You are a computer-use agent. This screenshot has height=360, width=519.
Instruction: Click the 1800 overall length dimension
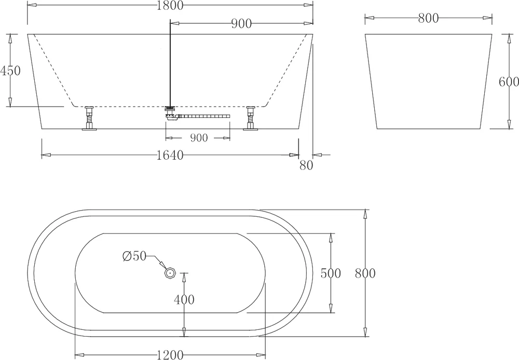170,6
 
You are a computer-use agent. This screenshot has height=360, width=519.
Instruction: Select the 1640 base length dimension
169,155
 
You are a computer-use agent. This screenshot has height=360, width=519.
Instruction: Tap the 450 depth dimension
10,71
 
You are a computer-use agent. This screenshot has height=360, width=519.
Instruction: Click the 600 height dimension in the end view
508,81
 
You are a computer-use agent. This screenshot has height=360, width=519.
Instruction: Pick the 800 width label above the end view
428,18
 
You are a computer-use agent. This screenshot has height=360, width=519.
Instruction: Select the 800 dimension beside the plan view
365,273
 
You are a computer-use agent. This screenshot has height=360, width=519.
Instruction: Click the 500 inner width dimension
331,273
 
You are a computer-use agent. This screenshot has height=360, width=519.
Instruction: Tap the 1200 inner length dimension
170,355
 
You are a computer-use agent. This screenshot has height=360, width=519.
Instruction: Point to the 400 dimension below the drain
184,299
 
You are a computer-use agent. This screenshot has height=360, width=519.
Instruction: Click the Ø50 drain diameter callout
134,256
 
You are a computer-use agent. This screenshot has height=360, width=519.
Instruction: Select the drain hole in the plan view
169,272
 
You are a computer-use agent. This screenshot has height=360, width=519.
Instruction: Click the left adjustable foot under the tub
89,119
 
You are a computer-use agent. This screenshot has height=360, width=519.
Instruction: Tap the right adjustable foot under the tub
251,119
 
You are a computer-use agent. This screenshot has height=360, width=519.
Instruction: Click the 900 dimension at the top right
241,23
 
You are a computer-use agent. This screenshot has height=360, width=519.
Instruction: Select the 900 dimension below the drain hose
198,138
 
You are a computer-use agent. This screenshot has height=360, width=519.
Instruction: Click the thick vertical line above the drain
170,62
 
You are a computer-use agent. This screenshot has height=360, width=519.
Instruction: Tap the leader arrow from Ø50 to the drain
157,262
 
